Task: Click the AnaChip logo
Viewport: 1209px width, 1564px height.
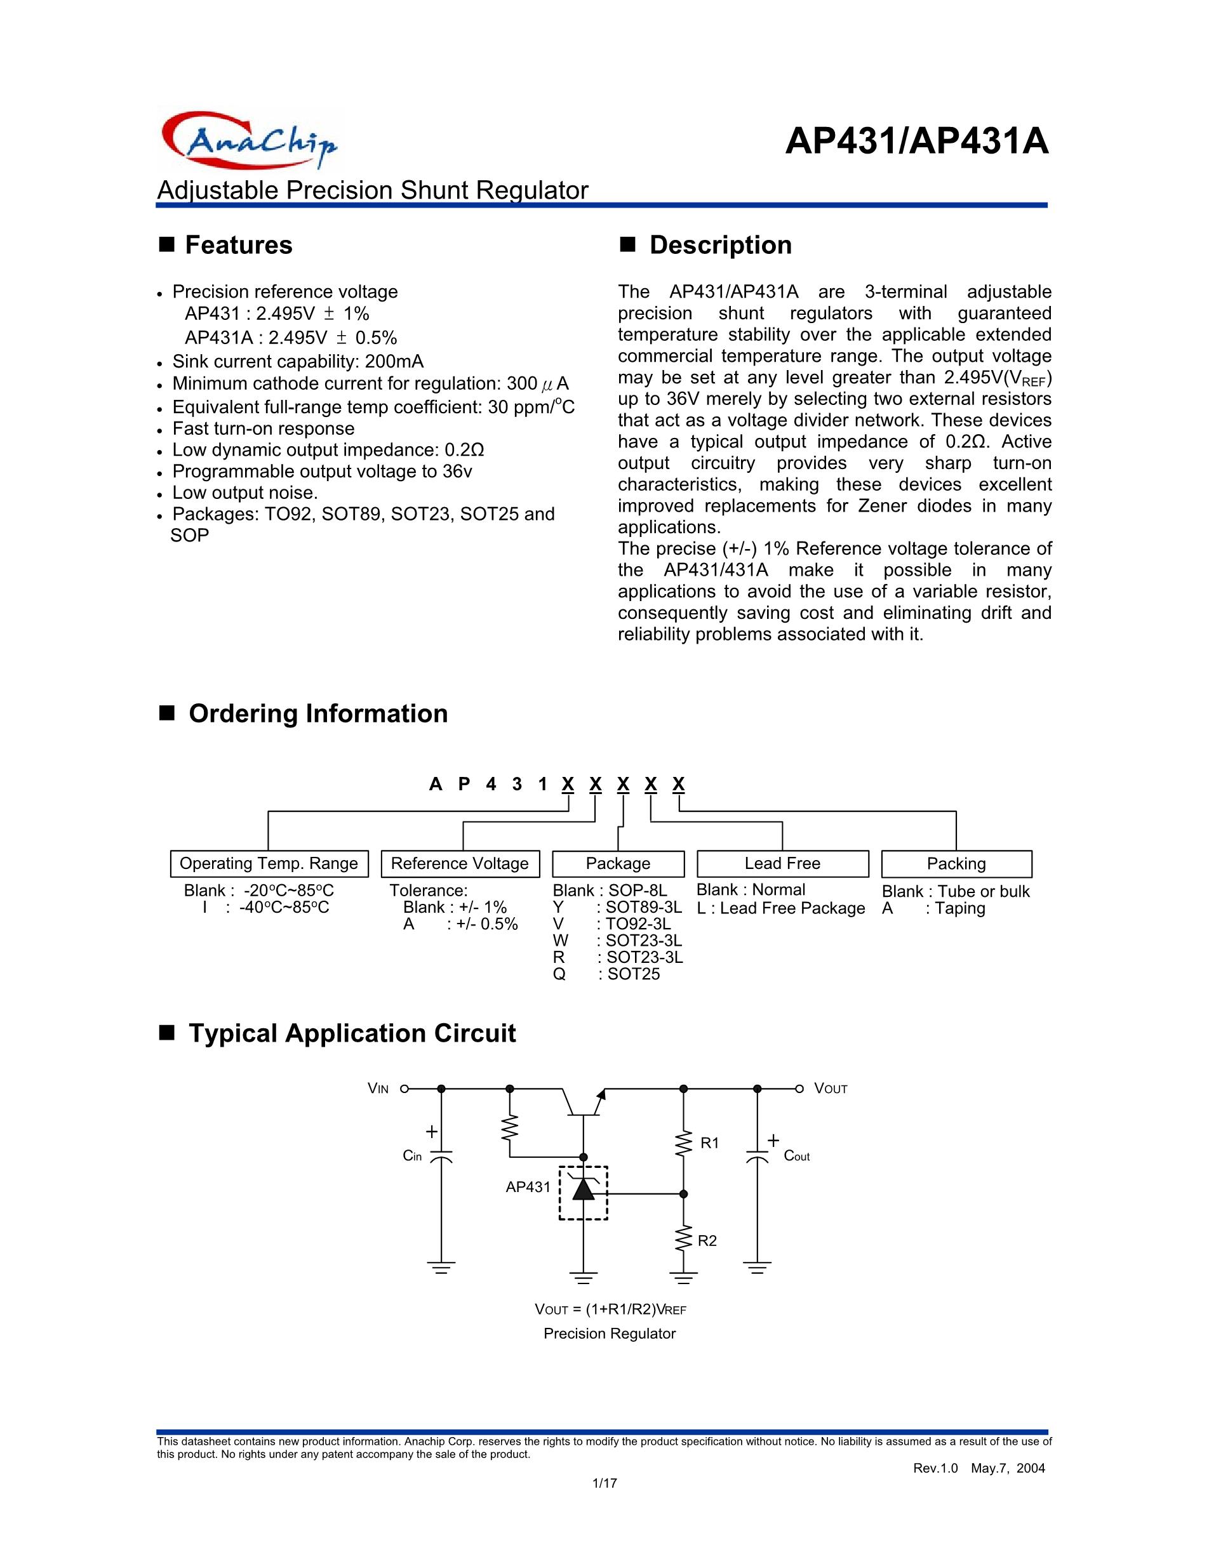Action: [x=250, y=140]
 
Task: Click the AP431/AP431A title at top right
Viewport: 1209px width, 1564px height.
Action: [x=916, y=142]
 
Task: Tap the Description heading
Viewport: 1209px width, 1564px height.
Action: [x=720, y=245]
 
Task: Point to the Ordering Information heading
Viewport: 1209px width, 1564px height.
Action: [x=317, y=713]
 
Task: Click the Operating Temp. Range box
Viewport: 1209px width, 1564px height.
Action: [x=269, y=864]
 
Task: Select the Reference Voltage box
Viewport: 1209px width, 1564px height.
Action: [x=460, y=864]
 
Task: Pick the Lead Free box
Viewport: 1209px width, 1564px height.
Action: [x=782, y=864]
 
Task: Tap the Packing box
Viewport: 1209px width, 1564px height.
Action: [x=956, y=864]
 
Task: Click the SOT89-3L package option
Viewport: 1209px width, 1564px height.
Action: [x=643, y=907]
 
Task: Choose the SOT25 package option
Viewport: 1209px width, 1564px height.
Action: [x=633, y=974]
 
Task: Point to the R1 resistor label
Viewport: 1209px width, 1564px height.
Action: [x=709, y=1144]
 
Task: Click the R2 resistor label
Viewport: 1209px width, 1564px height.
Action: [x=707, y=1241]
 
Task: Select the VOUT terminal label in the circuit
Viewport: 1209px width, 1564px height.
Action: [x=831, y=1089]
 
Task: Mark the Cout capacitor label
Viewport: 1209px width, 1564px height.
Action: [x=796, y=1156]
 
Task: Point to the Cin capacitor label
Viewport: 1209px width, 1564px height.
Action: [x=413, y=1156]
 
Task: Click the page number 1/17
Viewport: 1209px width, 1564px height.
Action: [x=604, y=1483]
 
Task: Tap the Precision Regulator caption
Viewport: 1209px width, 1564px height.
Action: [x=610, y=1334]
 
